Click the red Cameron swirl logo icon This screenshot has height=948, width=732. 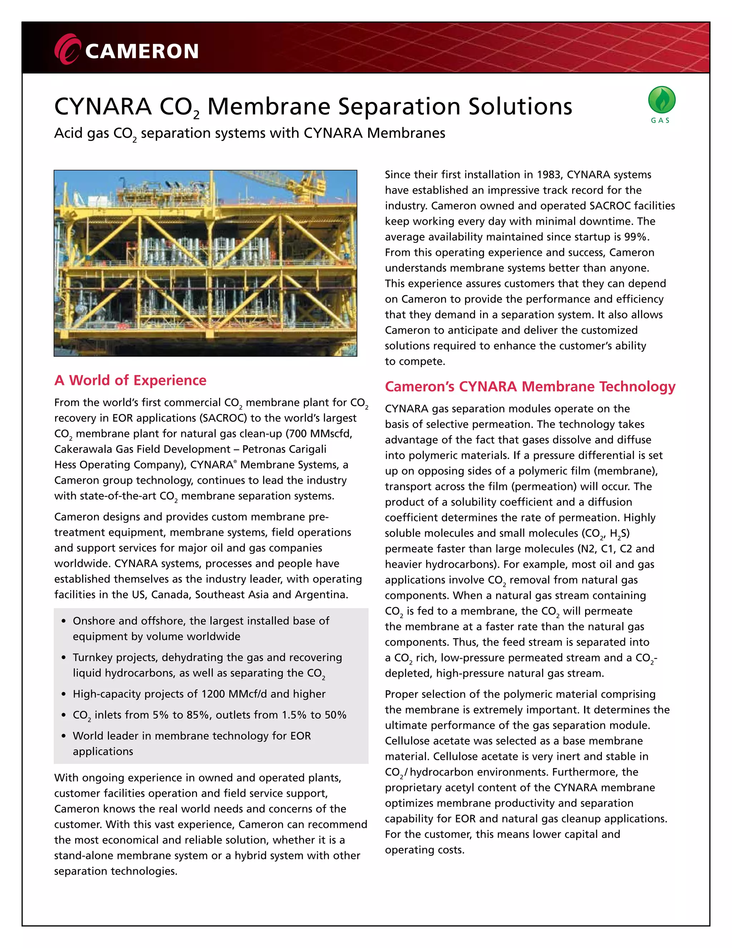[x=67, y=49]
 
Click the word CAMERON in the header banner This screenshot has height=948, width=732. [x=142, y=51]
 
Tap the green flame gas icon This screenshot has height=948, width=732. [x=661, y=100]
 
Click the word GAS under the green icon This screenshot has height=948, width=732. [x=661, y=121]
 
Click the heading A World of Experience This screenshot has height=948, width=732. [x=130, y=380]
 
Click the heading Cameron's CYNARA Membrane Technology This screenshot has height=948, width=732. [x=530, y=386]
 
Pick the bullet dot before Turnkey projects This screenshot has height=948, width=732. [x=64, y=658]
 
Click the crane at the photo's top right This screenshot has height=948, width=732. [x=312, y=182]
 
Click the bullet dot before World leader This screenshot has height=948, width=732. [x=64, y=736]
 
